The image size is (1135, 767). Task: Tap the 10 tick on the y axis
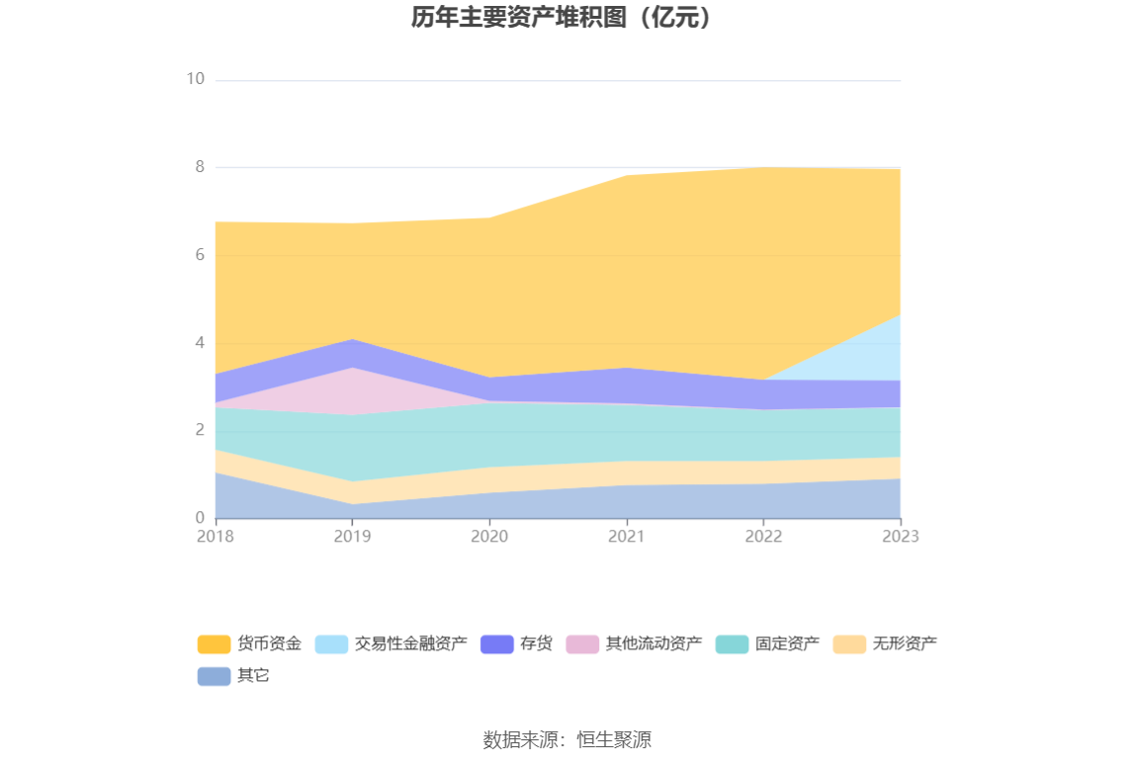[x=195, y=79]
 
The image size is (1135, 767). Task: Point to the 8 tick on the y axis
[x=199, y=167]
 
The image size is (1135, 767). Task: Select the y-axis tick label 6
[x=199, y=255]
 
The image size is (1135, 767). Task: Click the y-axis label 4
[x=199, y=343]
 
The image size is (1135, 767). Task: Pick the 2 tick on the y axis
[x=199, y=430]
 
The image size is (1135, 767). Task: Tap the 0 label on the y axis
[x=199, y=518]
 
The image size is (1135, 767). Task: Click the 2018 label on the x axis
[x=215, y=537]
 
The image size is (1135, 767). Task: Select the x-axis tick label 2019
[x=352, y=537]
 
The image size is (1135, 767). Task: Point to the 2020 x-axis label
[x=489, y=537]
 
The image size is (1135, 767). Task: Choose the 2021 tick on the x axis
[x=626, y=537]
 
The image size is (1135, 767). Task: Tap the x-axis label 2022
[x=763, y=537]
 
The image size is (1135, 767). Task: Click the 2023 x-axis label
[x=900, y=537]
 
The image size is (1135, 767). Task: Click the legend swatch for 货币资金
[x=214, y=644]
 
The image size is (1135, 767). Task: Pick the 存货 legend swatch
[x=496, y=644]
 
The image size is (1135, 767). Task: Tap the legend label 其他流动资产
[x=654, y=644]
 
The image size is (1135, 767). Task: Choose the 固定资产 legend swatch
[x=732, y=644]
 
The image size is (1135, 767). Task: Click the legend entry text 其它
[x=253, y=676]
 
